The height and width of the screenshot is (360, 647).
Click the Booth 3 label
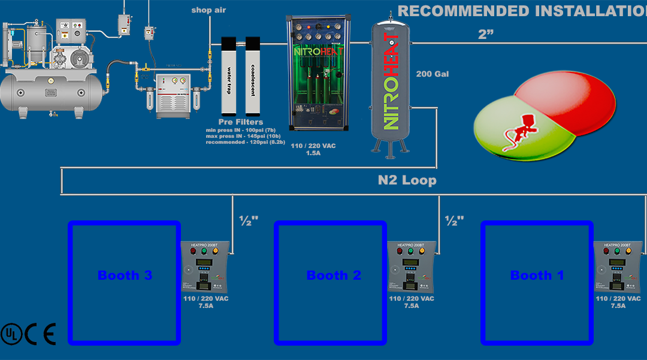125,276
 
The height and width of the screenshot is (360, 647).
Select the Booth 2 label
334,276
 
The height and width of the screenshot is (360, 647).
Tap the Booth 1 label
537,276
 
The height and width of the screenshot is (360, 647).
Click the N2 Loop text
407,180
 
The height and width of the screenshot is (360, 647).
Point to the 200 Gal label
433,74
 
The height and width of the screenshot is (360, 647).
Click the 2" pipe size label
486,35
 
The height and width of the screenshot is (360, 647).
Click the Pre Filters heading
240,122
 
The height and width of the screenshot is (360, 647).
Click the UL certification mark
11,334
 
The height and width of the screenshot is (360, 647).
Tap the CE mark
41,334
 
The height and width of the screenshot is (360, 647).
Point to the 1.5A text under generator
314,153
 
